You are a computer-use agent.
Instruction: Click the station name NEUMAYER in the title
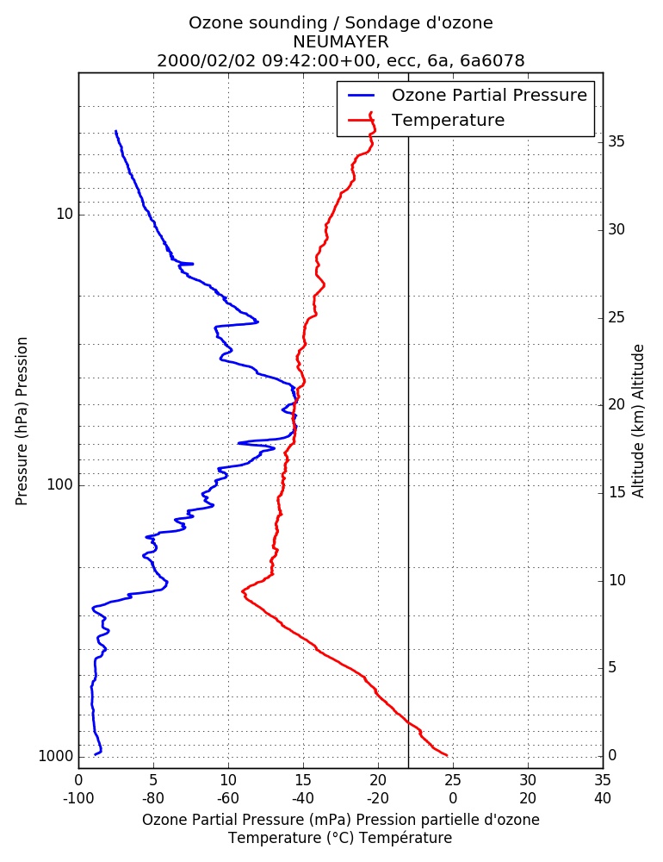pyautogui.click(x=341, y=41)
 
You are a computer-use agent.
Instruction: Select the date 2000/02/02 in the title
pyautogui.click(x=207, y=60)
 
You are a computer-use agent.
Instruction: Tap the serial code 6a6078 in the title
pyautogui.click(x=493, y=60)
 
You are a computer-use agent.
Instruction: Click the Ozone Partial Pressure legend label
pyautogui.click(x=489, y=95)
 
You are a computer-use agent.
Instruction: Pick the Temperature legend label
pyautogui.click(x=448, y=120)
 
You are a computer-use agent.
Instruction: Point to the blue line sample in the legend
pyautogui.click(x=362, y=95)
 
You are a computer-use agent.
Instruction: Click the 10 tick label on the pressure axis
pyautogui.click(x=65, y=214)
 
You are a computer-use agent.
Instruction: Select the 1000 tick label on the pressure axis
pyautogui.click(x=56, y=756)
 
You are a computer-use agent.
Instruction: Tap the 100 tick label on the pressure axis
pyautogui.click(x=60, y=484)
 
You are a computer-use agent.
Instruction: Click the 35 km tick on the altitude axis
pyautogui.click(x=617, y=142)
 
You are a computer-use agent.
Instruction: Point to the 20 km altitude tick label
pyautogui.click(x=617, y=404)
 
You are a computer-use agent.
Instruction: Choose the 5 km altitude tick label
pyautogui.click(x=612, y=667)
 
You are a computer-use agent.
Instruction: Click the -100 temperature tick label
pyautogui.click(x=78, y=797)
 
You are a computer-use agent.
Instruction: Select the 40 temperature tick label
pyautogui.click(x=603, y=797)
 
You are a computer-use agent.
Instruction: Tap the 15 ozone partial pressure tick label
pyautogui.click(x=303, y=780)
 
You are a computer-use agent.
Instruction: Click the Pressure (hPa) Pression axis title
pyautogui.click(x=22, y=422)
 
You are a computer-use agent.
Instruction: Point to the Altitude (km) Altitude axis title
pyautogui.click(x=638, y=422)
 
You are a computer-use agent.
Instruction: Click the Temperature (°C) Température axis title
pyautogui.click(x=341, y=838)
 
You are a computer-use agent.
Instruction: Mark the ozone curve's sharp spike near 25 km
pyautogui.click(x=257, y=322)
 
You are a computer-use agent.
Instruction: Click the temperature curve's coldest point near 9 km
pyautogui.click(x=243, y=593)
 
